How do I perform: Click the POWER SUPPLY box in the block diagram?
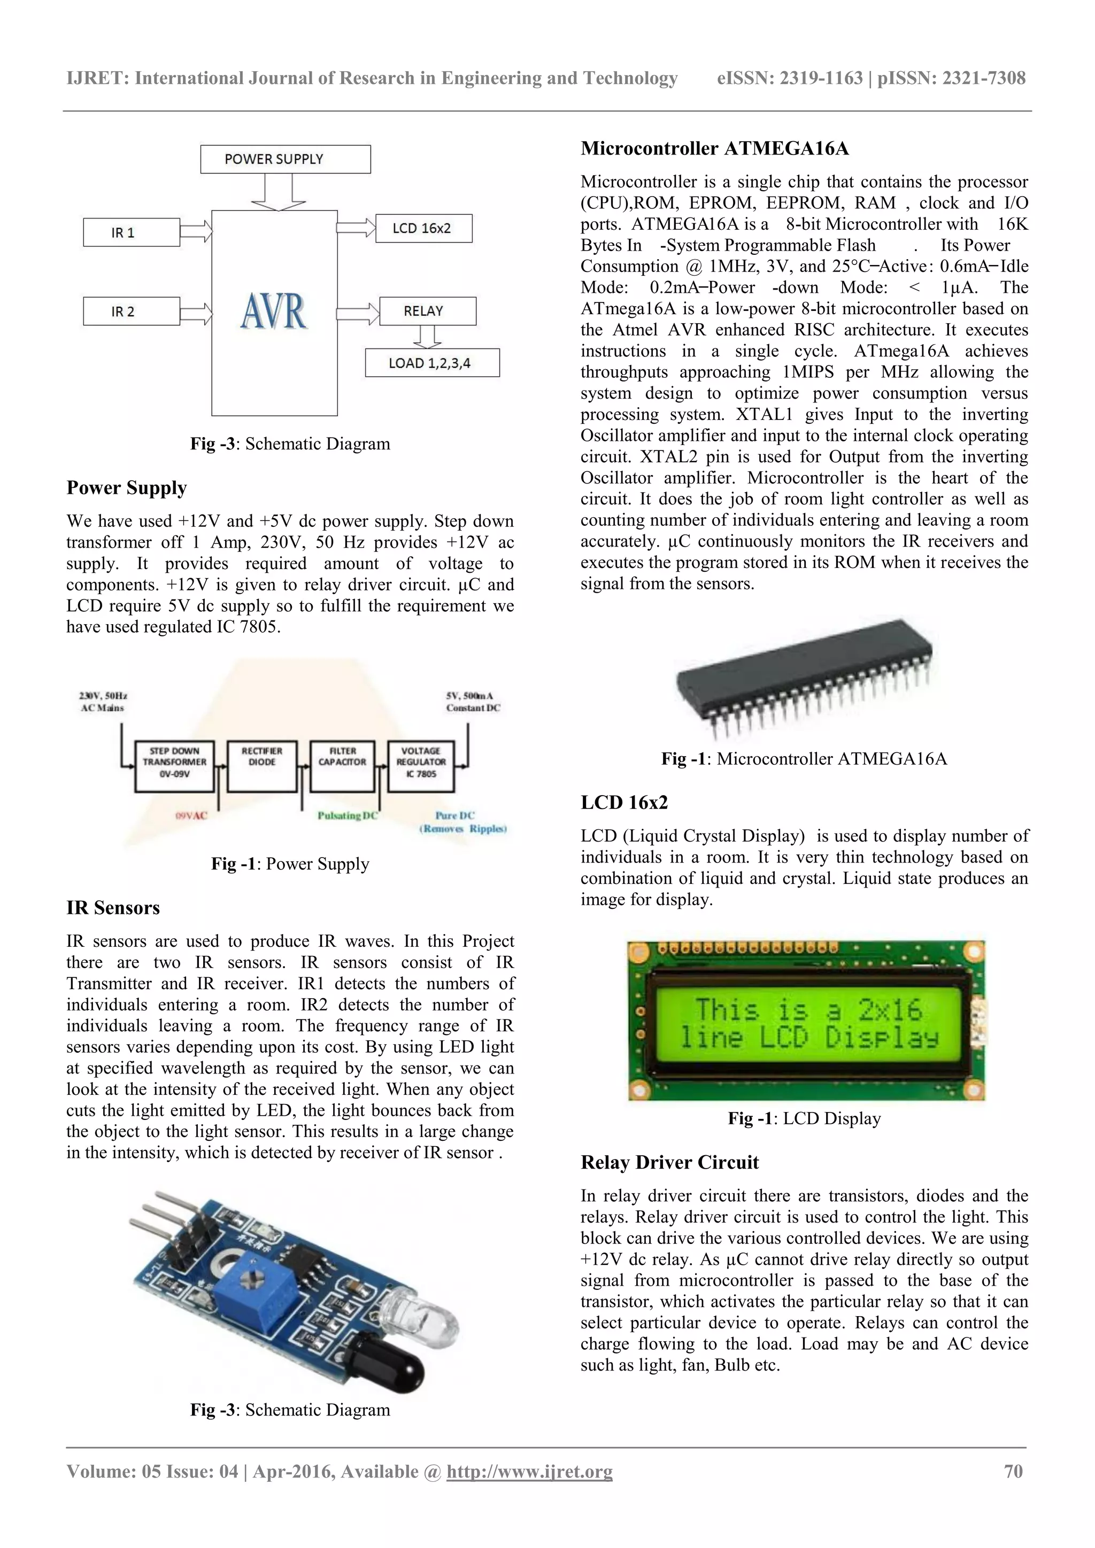(286, 159)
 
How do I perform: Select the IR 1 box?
(131, 232)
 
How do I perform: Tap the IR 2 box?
(131, 312)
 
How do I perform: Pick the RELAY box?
(427, 311)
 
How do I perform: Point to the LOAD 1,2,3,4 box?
(432, 363)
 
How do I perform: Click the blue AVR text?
(274, 312)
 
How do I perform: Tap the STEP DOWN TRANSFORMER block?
(174, 766)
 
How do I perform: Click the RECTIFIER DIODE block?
(262, 766)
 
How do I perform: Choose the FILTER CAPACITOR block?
(342, 766)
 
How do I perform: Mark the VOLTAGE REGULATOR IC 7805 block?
(421, 766)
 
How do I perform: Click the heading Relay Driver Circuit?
(669, 1162)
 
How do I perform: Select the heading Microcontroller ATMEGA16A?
(714, 149)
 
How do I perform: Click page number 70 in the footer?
(1013, 1471)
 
